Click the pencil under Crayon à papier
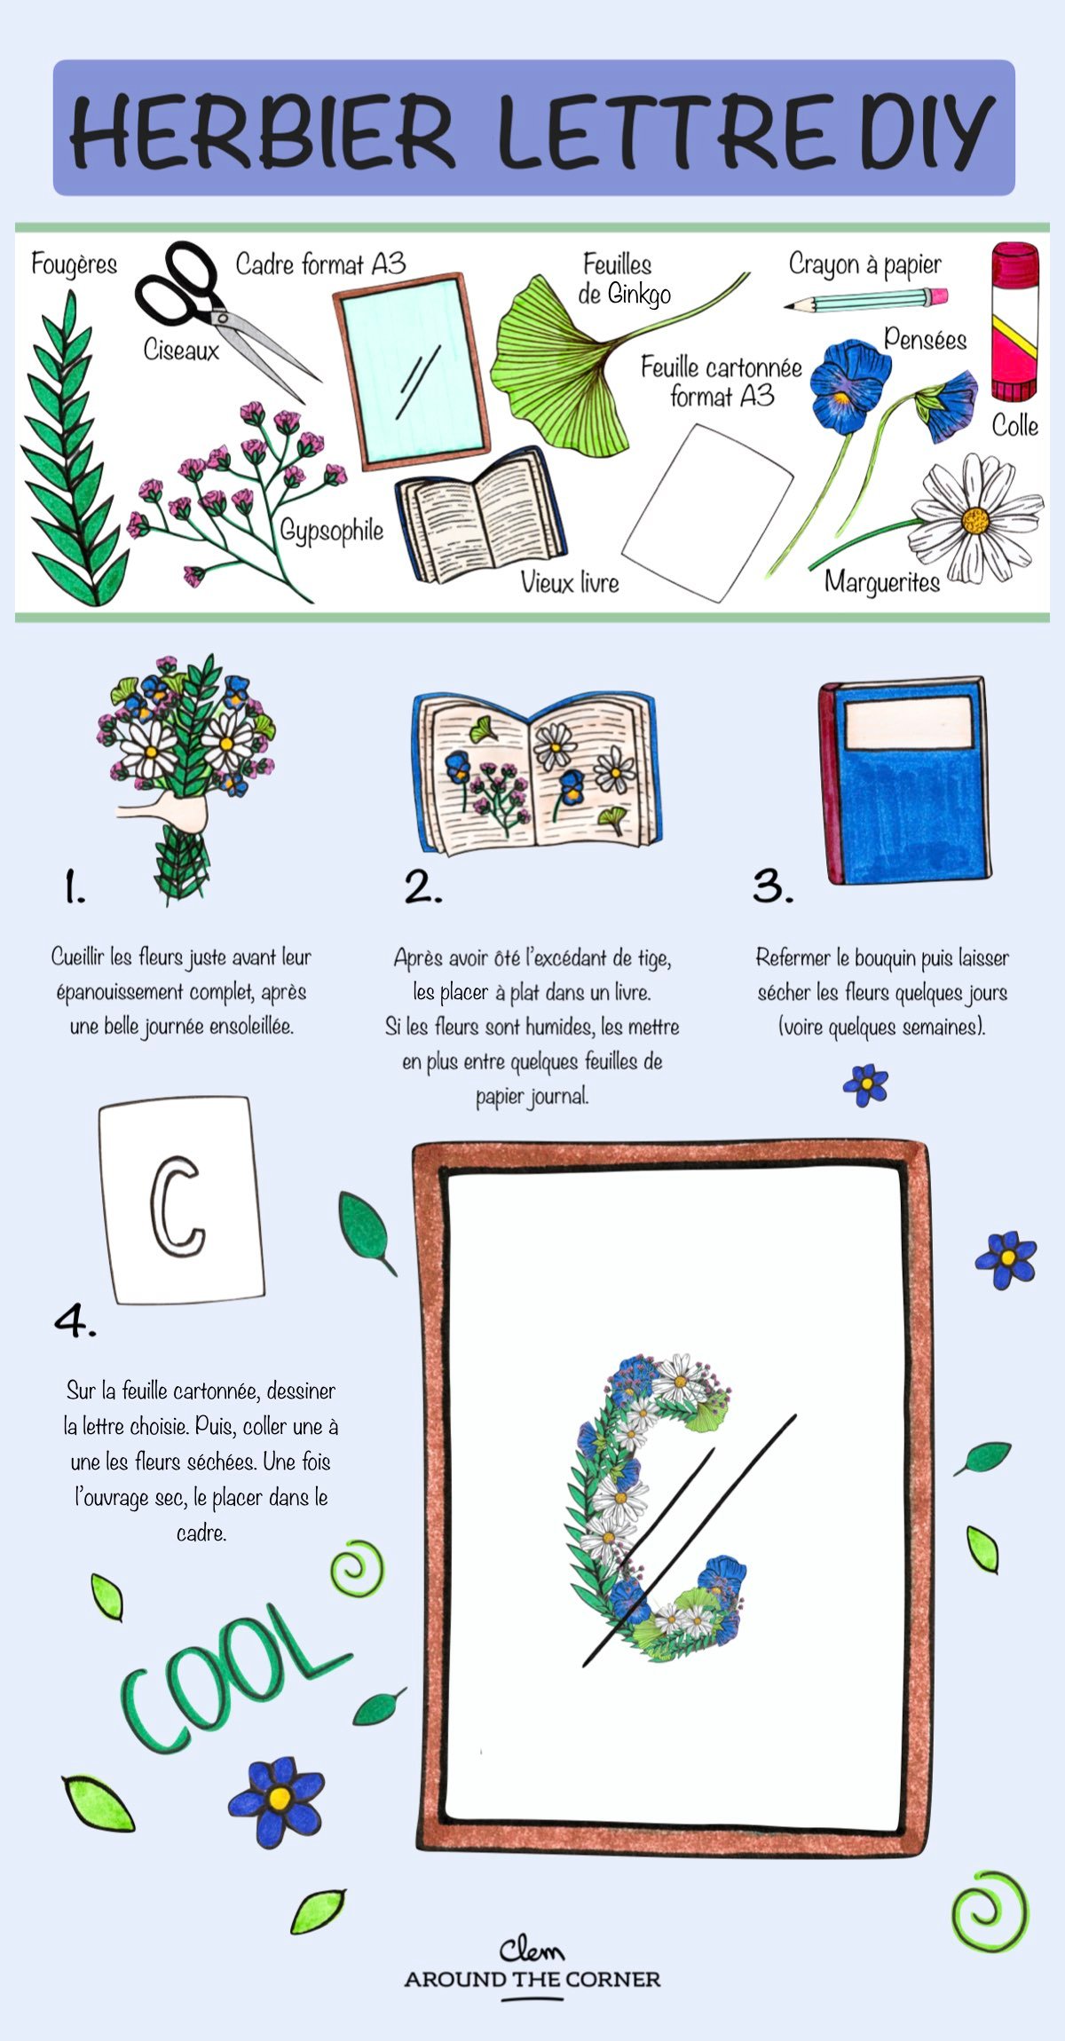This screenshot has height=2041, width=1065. tap(865, 300)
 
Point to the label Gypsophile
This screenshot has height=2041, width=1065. tap(332, 531)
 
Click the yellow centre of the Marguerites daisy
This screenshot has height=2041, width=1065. tap(975, 520)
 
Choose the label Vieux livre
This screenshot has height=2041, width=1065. tap(569, 582)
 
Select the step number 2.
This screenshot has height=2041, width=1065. tap(422, 887)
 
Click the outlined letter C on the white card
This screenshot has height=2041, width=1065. tap(177, 1207)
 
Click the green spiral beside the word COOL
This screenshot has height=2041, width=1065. tap(358, 1569)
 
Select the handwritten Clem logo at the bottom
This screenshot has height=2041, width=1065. tap(531, 1949)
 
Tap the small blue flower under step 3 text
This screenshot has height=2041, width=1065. tap(865, 1084)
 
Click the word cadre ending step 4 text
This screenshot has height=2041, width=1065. tap(201, 1532)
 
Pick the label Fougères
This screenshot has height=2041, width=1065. tap(74, 264)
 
